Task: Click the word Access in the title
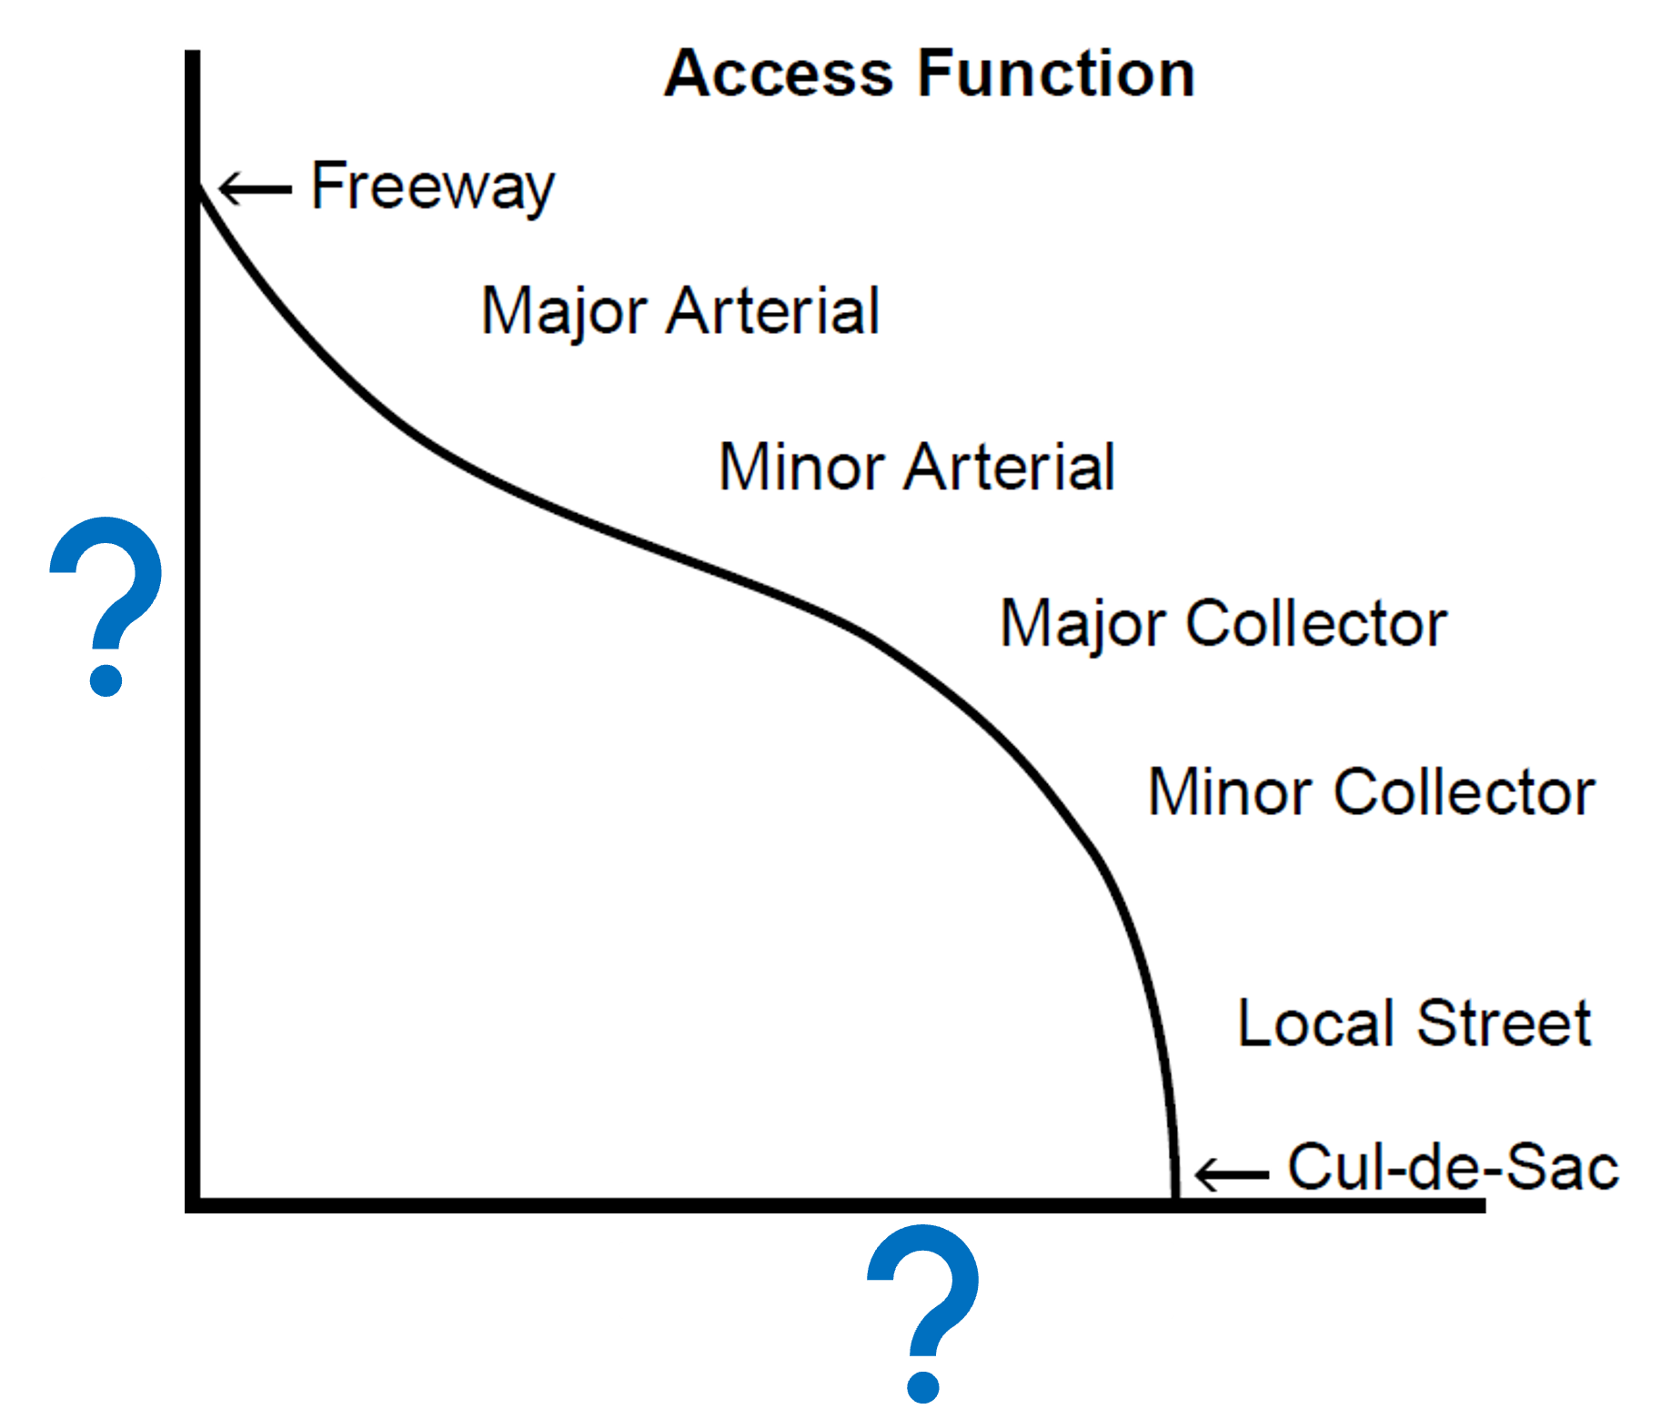(x=779, y=74)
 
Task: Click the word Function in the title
(x=1056, y=74)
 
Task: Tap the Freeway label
(x=432, y=186)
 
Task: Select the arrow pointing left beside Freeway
(x=255, y=188)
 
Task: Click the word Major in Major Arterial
(x=564, y=312)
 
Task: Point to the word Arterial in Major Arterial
(x=773, y=311)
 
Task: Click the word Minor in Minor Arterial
(x=801, y=468)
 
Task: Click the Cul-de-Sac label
(x=1453, y=1167)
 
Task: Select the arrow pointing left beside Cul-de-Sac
(x=1231, y=1174)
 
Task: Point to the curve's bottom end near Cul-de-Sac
(x=1174, y=1193)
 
